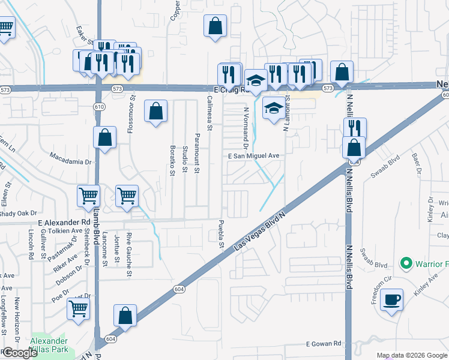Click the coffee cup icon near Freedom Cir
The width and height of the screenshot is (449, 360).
point(391,299)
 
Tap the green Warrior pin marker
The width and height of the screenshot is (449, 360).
point(406,263)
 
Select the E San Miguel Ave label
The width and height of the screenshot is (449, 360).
point(254,155)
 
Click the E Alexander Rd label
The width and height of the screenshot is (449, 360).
point(59,222)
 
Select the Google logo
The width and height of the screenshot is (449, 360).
point(19,353)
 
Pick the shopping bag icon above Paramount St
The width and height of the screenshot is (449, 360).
point(155,110)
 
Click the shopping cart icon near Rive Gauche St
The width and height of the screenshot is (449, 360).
point(127,195)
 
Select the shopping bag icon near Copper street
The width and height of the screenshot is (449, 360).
point(215,26)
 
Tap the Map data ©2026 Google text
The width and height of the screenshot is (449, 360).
point(411,355)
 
